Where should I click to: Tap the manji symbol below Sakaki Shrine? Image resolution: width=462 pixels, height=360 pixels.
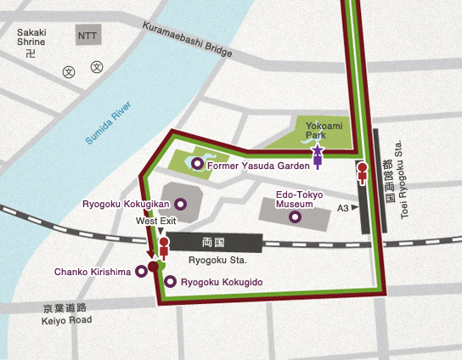[x=32, y=53]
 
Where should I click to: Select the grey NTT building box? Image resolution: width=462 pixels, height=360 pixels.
[x=87, y=35]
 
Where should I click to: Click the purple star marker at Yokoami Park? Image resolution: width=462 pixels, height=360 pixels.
[x=318, y=154]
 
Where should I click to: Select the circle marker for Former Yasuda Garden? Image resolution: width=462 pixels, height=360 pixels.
[x=197, y=164]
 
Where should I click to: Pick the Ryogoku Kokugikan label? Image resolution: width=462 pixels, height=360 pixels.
[x=127, y=205]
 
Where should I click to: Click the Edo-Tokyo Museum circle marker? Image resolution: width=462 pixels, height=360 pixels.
[x=296, y=217]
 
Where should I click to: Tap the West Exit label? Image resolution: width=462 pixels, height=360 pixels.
[x=156, y=221]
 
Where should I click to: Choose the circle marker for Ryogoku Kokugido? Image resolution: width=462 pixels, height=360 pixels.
[x=171, y=281]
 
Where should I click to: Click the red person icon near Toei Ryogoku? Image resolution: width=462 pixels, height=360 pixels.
[x=363, y=172]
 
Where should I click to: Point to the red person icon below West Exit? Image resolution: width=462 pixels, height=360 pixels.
[x=164, y=247]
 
